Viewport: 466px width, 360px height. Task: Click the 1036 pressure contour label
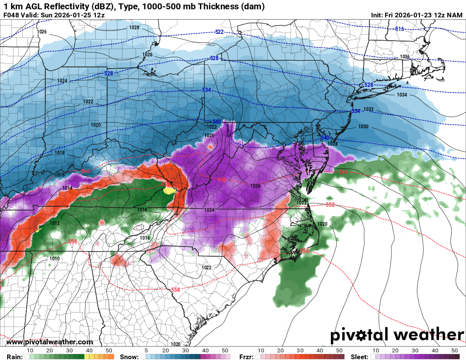click(404, 57)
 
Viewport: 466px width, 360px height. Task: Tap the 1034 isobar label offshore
click(402, 95)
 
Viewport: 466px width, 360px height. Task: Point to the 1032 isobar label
click(368, 109)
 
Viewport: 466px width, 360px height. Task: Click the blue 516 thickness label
click(399, 29)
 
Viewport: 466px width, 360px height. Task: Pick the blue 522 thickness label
click(219, 32)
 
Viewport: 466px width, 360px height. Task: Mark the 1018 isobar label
click(59, 153)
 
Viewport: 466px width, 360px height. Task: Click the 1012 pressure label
click(55, 223)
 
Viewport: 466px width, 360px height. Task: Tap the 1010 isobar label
click(55, 259)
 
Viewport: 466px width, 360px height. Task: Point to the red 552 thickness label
click(330, 205)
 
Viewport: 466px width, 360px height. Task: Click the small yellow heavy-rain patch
click(169, 191)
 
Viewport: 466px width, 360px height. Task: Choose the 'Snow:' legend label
click(128, 357)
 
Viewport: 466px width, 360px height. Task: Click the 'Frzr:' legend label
click(246, 357)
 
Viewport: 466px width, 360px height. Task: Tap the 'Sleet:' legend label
click(360, 357)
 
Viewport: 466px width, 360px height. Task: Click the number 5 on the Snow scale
click(146, 351)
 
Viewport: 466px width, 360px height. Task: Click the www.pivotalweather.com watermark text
click(50, 342)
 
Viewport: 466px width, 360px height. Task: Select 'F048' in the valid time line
click(11, 15)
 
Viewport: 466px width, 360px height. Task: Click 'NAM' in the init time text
click(455, 15)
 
